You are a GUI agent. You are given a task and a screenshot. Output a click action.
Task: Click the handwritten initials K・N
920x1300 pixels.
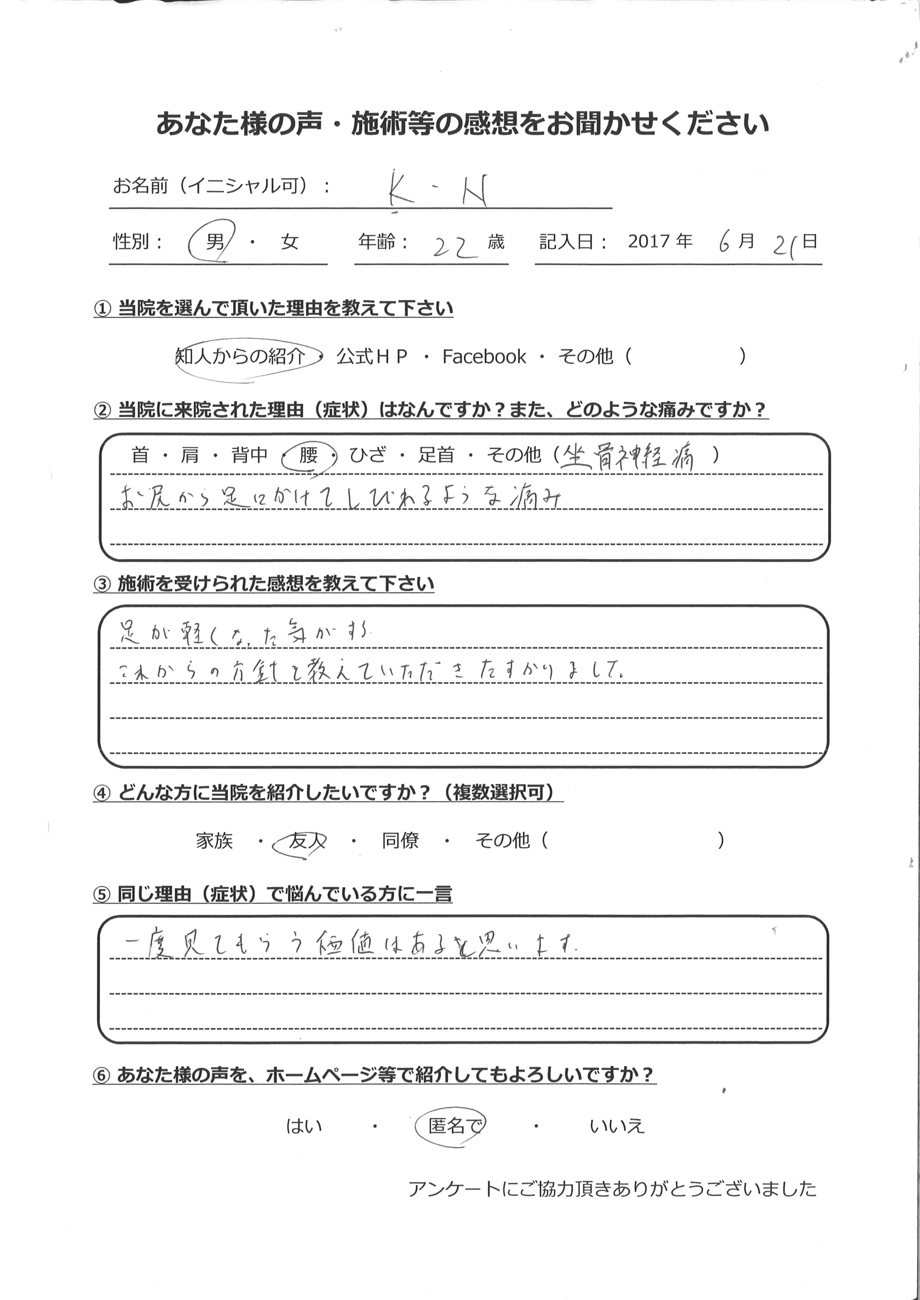[438, 193]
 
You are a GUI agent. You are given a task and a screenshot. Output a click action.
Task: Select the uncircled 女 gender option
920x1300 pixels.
[289, 242]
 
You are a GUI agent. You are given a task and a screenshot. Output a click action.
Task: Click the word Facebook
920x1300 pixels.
[484, 357]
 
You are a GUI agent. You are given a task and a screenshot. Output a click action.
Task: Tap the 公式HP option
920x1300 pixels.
[372, 357]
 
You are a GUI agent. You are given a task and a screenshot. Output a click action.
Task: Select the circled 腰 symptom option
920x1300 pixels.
[308, 455]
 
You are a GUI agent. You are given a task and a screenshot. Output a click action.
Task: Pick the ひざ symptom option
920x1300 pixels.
[367, 455]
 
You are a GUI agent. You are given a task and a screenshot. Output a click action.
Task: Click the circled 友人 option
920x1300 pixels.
[306, 841]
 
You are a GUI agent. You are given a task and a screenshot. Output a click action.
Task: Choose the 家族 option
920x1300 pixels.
[214, 841]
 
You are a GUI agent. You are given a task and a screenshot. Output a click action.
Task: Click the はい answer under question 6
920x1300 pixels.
[304, 1126]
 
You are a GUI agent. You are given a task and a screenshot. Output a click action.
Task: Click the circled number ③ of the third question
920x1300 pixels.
[102, 584]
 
